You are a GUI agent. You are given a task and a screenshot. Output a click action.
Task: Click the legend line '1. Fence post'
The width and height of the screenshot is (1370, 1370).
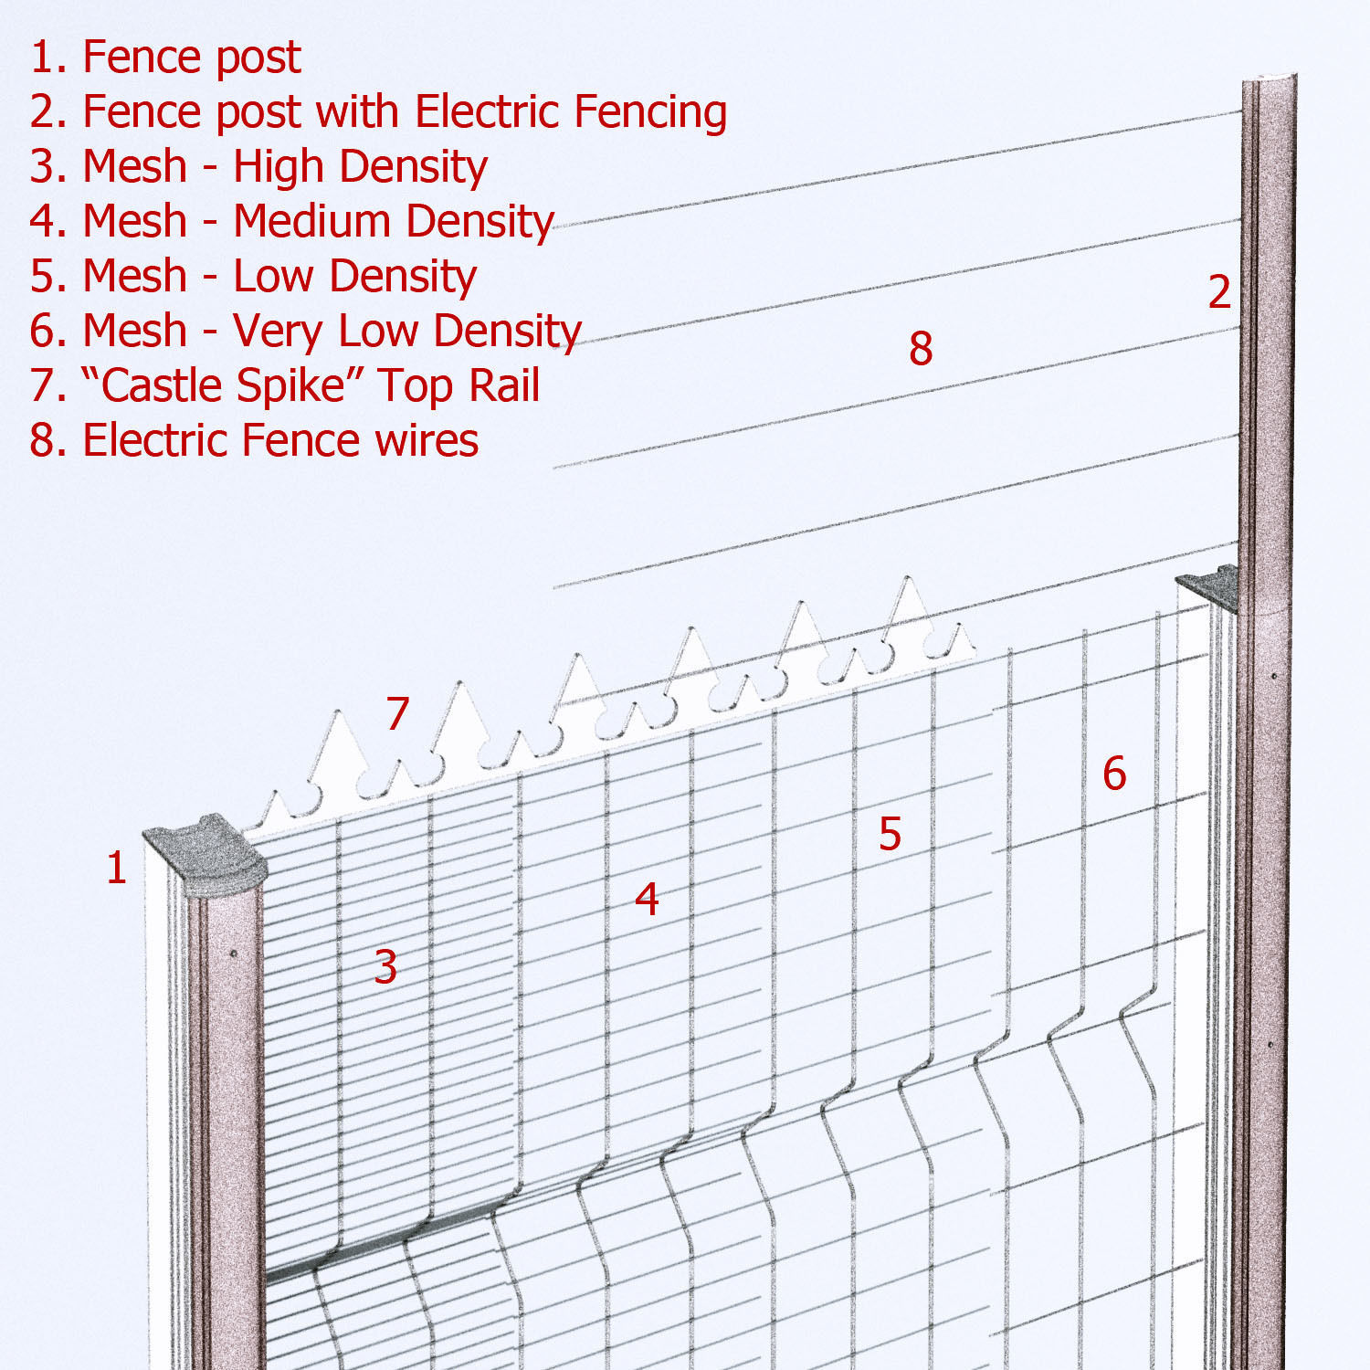(x=165, y=58)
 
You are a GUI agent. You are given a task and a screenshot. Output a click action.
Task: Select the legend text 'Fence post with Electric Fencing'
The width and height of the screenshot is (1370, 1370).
(x=405, y=112)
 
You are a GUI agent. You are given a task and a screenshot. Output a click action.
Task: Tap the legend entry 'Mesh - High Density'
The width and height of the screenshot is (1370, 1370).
(x=258, y=167)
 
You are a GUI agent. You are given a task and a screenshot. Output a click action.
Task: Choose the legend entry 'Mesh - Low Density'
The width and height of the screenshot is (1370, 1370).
(x=253, y=277)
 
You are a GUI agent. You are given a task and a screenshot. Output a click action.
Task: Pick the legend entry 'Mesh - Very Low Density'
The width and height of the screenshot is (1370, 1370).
(x=305, y=332)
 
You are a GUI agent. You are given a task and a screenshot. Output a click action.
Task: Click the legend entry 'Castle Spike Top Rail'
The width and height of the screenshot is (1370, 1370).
(x=284, y=386)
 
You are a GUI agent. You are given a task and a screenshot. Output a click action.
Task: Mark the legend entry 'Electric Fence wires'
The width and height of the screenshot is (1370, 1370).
(x=254, y=441)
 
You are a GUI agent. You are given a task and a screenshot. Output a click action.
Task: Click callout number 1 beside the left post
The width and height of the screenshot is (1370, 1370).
(x=116, y=868)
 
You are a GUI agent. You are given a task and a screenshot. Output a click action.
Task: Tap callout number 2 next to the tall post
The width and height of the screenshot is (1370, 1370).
(x=1219, y=292)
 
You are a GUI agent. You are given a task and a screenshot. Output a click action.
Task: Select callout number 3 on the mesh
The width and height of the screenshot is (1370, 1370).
(x=385, y=966)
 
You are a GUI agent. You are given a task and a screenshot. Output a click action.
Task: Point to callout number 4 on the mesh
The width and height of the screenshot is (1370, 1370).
(x=647, y=899)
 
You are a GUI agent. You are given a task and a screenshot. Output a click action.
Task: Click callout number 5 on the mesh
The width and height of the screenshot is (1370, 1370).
(x=890, y=834)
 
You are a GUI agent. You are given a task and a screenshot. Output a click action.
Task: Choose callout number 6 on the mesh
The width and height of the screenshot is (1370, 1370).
(x=1114, y=774)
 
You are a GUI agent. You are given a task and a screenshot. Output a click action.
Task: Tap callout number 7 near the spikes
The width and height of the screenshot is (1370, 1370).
(x=396, y=713)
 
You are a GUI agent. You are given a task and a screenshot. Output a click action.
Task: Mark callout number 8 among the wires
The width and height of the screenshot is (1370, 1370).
(x=921, y=348)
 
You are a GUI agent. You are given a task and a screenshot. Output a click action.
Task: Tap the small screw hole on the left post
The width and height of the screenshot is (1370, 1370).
(x=234, y=954)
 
